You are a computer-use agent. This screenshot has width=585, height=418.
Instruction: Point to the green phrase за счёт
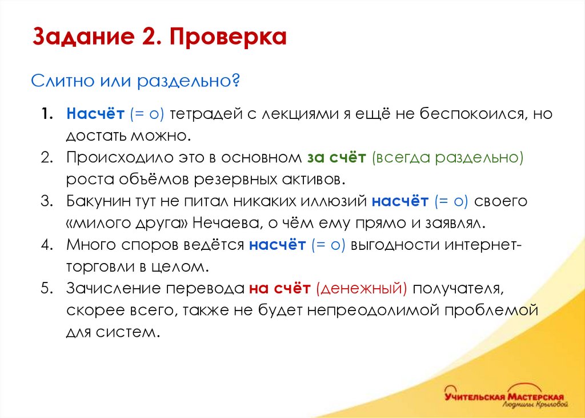(337, 157)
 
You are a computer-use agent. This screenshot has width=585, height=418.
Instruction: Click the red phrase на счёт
(279, 289)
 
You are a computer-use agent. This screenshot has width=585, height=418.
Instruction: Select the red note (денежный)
(360, 289)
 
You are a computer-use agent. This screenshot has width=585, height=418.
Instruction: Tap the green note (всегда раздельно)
(448, 157)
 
